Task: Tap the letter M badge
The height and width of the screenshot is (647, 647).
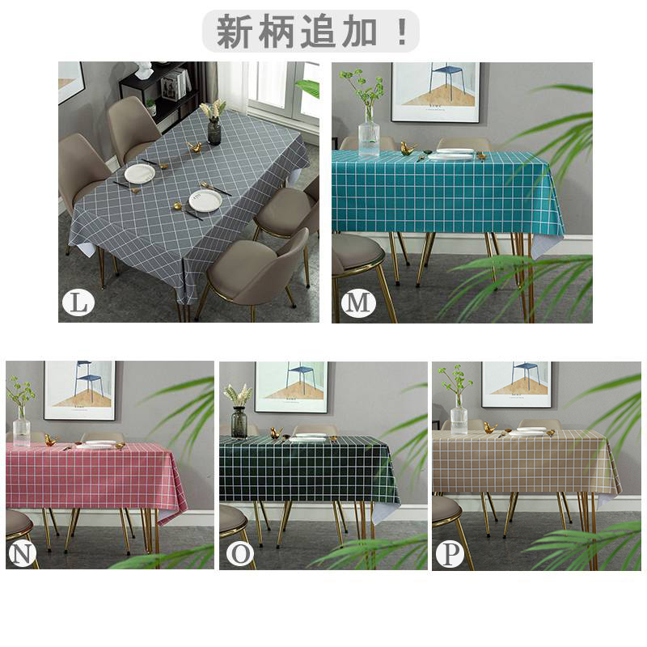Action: point(357,302)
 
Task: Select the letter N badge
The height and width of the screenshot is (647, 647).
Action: point(22,553)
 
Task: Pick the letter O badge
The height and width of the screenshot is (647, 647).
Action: point(239,554)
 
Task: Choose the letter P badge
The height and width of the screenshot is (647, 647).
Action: point(450,554)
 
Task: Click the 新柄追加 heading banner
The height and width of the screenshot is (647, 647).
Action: point(311,32)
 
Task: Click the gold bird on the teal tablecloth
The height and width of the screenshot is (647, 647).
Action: point(408,149)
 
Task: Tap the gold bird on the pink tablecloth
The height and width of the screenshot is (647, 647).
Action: point(50,440)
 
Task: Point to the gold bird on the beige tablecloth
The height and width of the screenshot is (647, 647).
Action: point(490,428)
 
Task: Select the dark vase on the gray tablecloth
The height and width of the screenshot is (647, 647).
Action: point(214,130)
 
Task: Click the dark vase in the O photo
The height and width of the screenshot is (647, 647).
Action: point(239,421)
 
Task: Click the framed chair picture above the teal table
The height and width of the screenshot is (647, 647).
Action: point(435,92)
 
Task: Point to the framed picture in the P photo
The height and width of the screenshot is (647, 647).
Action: point(517,385)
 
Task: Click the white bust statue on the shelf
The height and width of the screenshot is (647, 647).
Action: point(144,71)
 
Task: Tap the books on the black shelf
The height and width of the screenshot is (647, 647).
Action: point(176,84)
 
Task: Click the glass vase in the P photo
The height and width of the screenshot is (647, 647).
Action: point(459,414)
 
